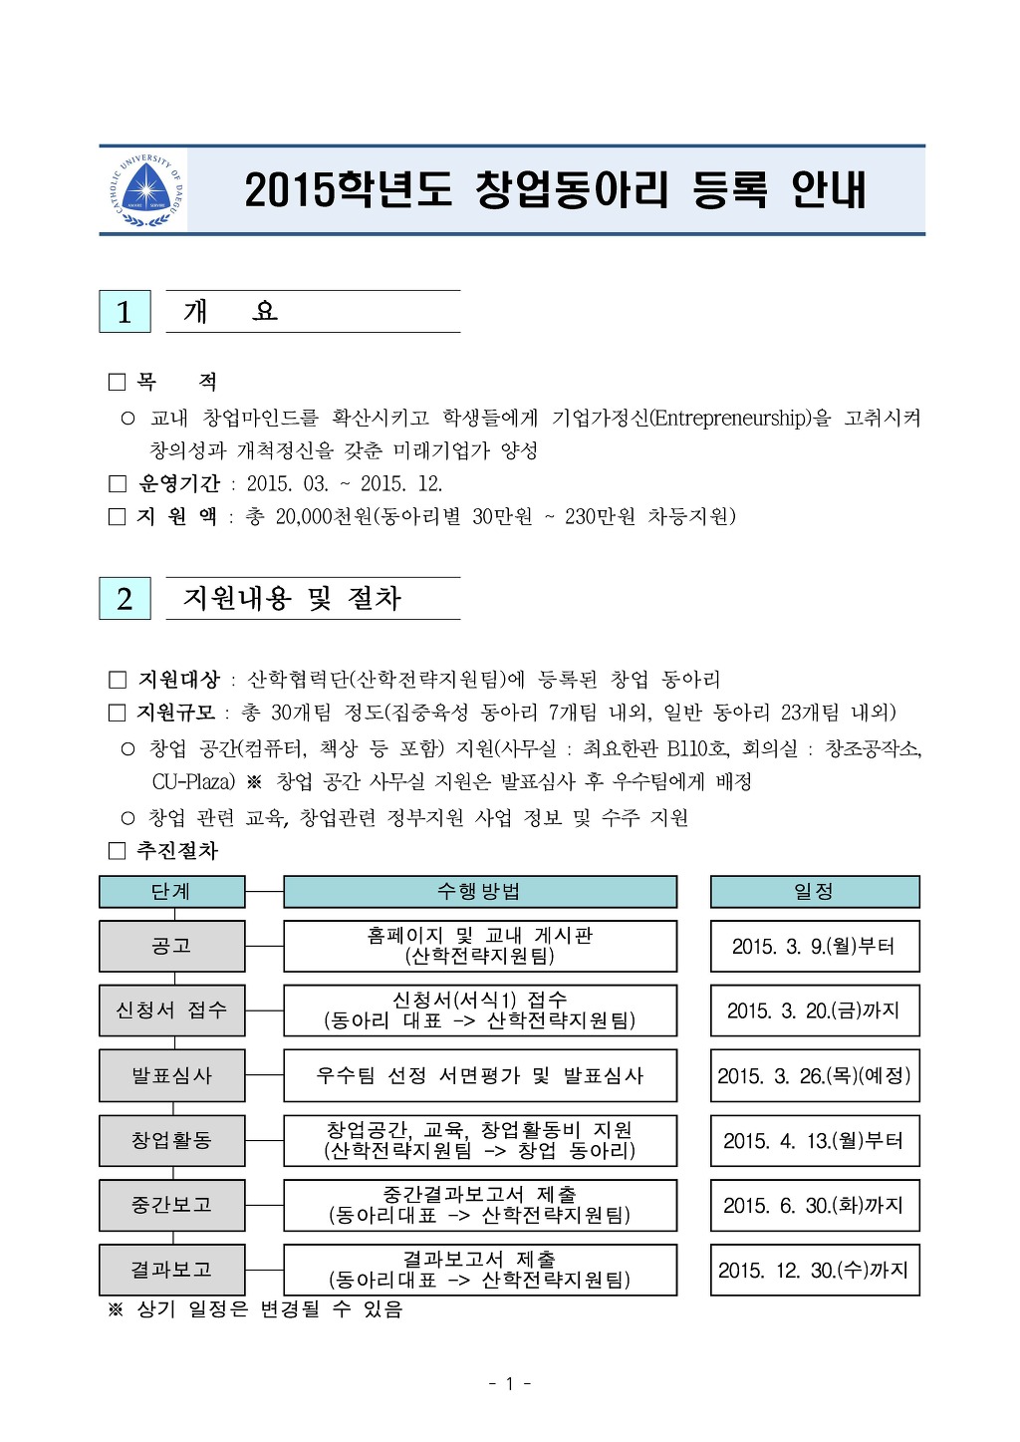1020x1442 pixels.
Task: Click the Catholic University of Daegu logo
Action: tap(146, 189)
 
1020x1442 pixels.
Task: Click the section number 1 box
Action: tap(125, 312)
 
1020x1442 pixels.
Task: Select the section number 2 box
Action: tap(125, 599)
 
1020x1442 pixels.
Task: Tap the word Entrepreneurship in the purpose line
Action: tap(730, 419)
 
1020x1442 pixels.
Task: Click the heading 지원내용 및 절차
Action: tap(292, 599)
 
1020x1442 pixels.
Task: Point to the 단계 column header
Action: tap(171, 892)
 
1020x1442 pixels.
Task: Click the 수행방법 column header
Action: tap(479, 892)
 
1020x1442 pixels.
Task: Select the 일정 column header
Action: tap(814, 892)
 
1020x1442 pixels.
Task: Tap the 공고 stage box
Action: tap(171, 946)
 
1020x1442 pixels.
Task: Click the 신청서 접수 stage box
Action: tap(171, 1010)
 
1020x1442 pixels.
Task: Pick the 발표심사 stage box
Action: tap(171, 1075)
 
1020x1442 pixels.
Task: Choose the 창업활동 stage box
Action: tap(171, 1140)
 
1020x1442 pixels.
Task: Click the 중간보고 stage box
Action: tap(171, 1205)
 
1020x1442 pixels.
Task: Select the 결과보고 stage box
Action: tap(171, 1270)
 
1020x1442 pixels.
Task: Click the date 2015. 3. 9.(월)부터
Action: tap(814, 947)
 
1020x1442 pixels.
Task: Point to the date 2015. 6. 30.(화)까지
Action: tap(814, 1206)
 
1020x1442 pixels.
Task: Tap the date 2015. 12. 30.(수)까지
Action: tap(814, 1271)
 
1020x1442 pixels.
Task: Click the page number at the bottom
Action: tap(509, 1383)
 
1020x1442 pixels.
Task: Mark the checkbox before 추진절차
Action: tap(118, 851)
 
